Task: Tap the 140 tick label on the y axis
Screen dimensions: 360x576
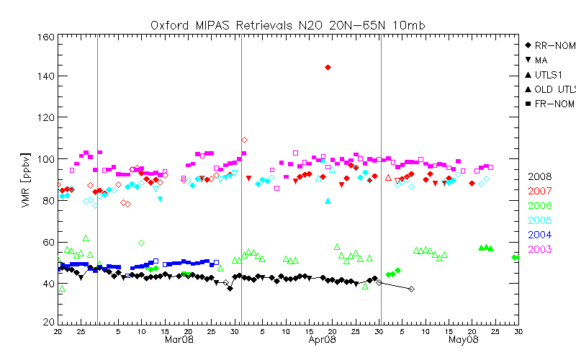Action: click(45, 76)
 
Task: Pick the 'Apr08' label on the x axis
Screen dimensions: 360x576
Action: click(323, 338)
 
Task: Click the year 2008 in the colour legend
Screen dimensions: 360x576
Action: click(541, 176)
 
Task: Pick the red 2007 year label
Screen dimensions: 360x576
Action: click(541, 191)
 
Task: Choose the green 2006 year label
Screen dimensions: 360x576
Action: click(541, 205)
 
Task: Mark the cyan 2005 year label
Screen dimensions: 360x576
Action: click(541, 220)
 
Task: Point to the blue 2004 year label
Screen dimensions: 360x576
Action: click(541, 234)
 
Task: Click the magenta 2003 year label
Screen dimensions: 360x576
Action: click(541, 249)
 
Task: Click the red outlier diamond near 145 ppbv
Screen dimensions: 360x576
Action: click(328, 67)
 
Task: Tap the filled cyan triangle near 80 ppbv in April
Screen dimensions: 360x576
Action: click(328, 202)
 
